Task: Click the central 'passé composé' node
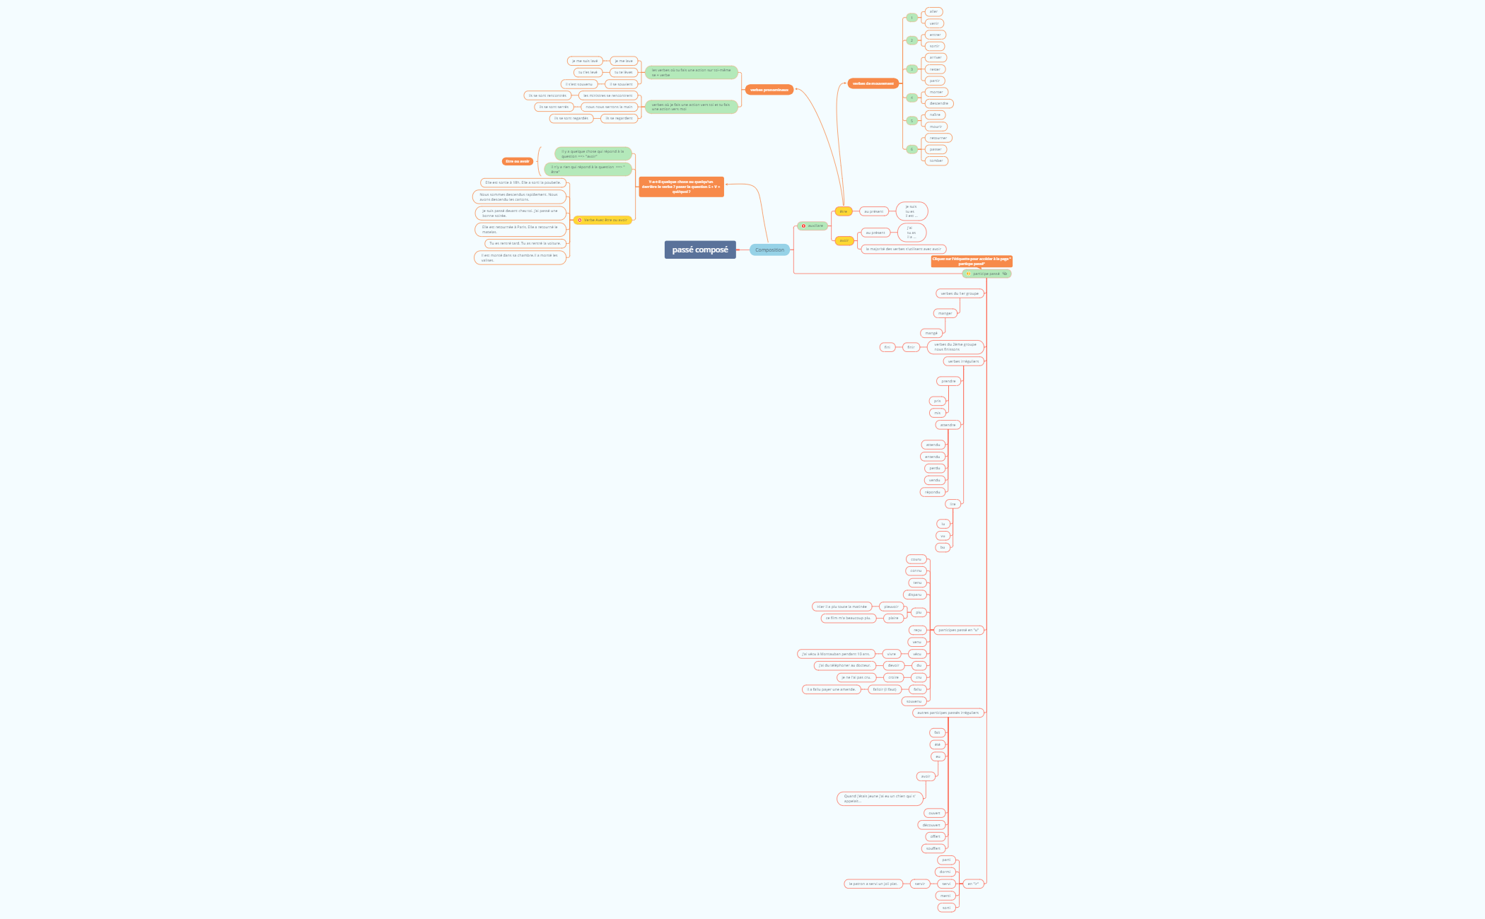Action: (x=699, y=250)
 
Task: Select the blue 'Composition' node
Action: (x=769, y=250)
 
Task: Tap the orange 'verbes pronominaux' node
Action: (x=769, y=90)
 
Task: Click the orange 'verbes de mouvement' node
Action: (x=873, y=83)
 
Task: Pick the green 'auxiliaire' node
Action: (x=813, y=226)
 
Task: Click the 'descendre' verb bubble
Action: (x=938, y=103)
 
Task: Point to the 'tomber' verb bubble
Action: (x=936, y=160)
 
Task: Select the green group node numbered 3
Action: (x=912, y=69)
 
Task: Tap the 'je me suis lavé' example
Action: (x=585, y=61)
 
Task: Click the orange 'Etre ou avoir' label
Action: (x=517, y=161)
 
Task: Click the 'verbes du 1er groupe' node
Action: (x=959, y=293)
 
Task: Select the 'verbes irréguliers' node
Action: (x=963, y=361)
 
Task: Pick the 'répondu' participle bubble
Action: (x=933, y=492)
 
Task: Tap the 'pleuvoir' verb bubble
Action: (x=890, y=607)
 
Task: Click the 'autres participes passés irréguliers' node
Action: (x=948, y=713)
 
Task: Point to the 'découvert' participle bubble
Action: (x=931, y=825)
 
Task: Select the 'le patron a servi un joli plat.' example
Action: (x=873, y=884)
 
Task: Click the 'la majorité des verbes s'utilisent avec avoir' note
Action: (x=903, y=249)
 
